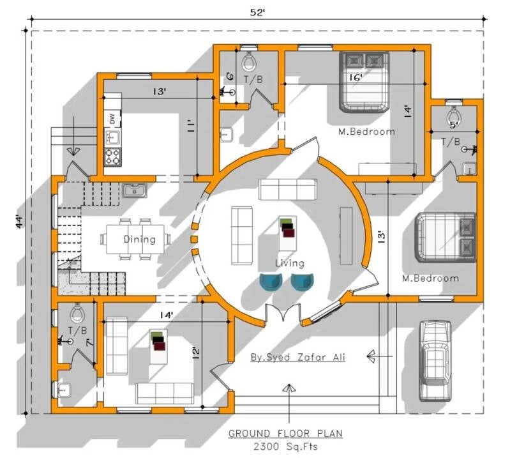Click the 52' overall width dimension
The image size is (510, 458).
[x=257, y=12]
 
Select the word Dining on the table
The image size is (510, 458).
[x=140, y=240]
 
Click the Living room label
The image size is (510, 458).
[x=290, y=263]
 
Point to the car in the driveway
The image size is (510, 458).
[x=435, y=361]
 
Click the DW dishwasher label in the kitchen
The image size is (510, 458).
[x=112, y=118]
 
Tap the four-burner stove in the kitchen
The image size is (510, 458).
[x=112, y=157]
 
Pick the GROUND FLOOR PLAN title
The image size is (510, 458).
[x=285, y=434]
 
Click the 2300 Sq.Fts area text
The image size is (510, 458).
[x=285, y=447]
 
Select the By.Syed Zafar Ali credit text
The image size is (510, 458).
[x=297, y=357]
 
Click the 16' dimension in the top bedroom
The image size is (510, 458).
[x=356, y=78]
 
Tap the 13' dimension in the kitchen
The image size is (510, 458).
[x=160, y=91]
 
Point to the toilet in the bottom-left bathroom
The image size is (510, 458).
[x=77, y=312]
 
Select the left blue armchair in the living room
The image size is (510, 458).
[x=271, y=282]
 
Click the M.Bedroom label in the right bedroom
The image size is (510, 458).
[x=430, y=279]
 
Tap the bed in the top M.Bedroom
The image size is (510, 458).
[x=364, y=82]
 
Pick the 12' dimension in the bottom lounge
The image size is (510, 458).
[x=196, y=354]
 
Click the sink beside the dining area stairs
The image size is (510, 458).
[x=135, y=190]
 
